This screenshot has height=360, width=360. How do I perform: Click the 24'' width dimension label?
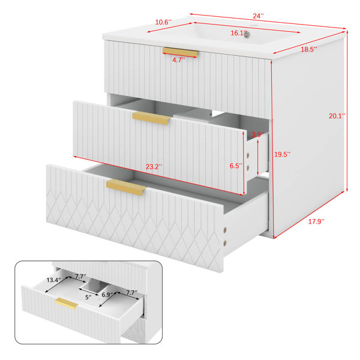tap(258, 16)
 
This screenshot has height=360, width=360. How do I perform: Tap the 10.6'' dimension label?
tap(163, 22)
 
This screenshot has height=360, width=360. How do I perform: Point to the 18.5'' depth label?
tap(309, 49)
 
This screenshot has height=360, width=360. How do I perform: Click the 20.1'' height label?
tap(337, 116)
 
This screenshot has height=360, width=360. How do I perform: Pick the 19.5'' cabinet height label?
tap(283, 154)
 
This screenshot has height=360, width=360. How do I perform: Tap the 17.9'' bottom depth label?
tap(316, 221)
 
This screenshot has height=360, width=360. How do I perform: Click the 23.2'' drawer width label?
tap(154, 167)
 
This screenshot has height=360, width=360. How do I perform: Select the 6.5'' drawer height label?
tap(236, 166)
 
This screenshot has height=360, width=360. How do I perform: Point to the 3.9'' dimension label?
tap(258, 134)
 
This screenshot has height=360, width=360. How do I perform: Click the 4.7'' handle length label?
tap(179, 60)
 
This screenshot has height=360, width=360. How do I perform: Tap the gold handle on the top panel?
tap(180, 52)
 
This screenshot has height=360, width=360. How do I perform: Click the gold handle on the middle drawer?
tap(152, 118)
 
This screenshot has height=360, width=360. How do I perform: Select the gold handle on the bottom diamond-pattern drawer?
tap(126, 187)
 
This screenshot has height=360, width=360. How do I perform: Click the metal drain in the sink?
tap(247, 34)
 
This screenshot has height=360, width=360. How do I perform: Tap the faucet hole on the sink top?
tap(253, 25)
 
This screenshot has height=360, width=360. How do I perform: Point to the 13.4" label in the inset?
tap(53, 280)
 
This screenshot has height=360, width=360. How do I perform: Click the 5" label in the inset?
tap(88, 298)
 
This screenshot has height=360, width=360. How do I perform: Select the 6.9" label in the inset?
tap(107, 295)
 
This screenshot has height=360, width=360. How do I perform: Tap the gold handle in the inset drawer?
tap(67, 303)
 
